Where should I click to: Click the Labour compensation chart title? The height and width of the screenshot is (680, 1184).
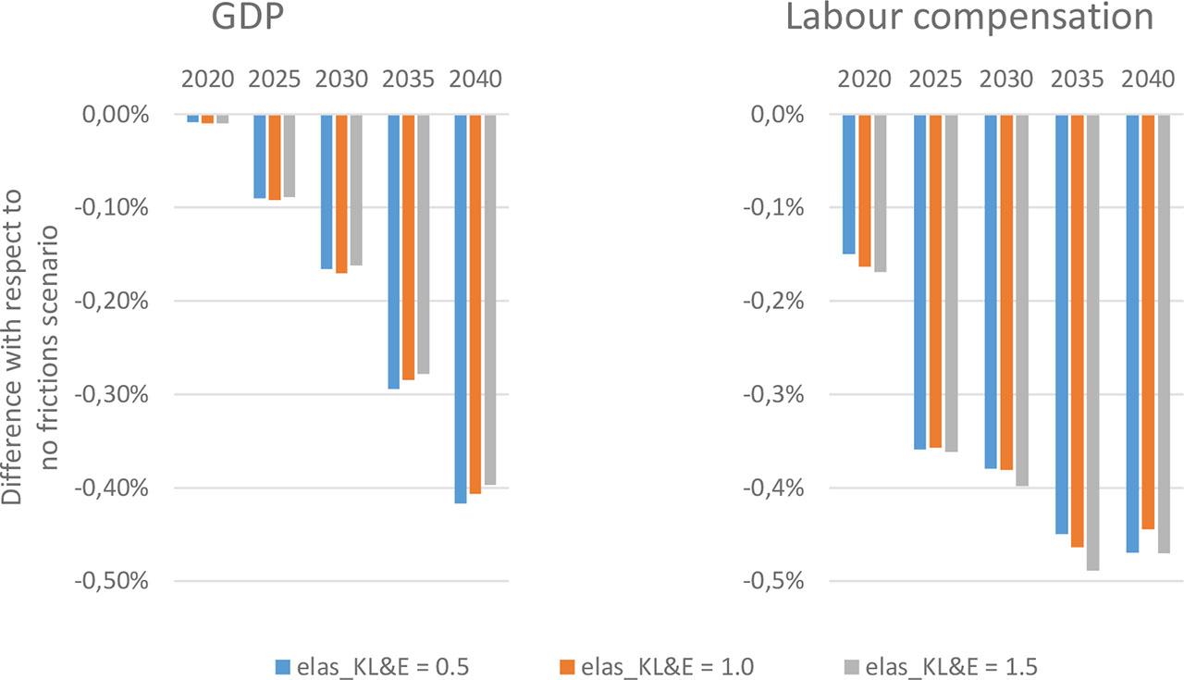(969, 19)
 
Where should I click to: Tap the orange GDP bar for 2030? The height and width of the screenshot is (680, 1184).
(341, 193)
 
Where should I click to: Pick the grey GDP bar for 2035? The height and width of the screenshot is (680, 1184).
(423, 243)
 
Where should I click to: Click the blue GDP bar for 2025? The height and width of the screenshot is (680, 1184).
(260, 155)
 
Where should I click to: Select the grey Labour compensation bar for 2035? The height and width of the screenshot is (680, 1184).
(1092, 342)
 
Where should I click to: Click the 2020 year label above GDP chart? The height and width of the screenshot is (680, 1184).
(207, 79)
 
